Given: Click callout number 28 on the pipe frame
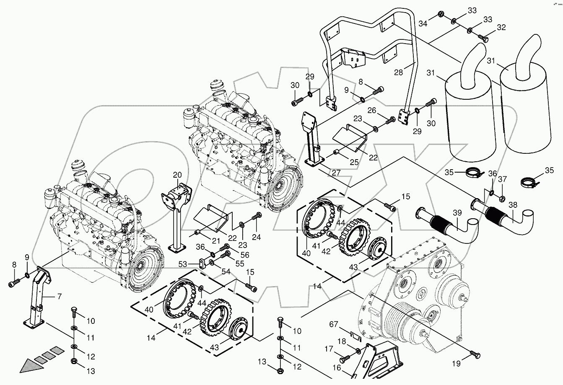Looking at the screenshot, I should (x=398, y=72).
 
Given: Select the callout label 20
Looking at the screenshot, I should (x=177, y=175).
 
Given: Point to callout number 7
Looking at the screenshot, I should (x=59, y=297).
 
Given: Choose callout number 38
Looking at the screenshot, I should (x=513, y=205).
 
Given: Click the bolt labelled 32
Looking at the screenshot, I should (x=483, y=39).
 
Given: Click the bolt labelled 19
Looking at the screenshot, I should (x=475, y=354).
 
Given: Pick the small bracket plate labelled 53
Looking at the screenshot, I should (x=203, y=264).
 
